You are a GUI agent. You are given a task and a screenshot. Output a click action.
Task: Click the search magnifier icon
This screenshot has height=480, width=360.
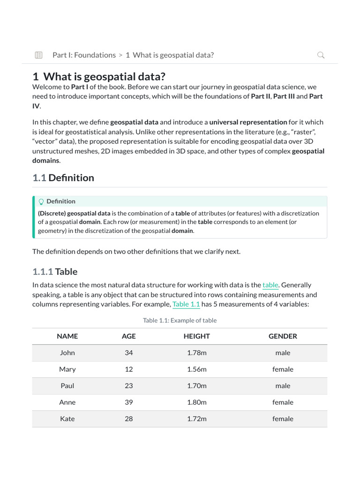[321, 55]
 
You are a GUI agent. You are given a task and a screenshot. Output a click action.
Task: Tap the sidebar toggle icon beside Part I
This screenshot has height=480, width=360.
[39, 55]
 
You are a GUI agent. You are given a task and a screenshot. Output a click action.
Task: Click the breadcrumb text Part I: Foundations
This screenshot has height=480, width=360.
[84, 55]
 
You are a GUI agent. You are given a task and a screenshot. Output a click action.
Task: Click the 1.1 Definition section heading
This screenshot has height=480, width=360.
[63, 178]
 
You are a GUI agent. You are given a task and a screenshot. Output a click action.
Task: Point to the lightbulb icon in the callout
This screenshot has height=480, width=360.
[41, 202]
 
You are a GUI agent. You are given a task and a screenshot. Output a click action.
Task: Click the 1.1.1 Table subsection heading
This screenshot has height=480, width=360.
[55, 271]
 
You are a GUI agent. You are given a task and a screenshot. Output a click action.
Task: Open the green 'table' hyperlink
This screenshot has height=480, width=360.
[270, 285]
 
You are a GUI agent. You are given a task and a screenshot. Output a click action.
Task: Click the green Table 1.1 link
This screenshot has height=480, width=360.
[186, 304]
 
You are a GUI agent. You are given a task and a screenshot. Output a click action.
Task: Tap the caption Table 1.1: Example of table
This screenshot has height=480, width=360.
[180, 321]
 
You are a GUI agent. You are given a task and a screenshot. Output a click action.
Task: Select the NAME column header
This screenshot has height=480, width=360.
[67, 336]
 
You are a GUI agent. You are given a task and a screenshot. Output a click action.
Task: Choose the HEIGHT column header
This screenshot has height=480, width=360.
[197, 336]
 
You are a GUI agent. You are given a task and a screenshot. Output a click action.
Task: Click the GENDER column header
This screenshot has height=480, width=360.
[283, 336]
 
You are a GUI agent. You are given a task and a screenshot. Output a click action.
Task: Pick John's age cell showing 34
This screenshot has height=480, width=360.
[129, 353]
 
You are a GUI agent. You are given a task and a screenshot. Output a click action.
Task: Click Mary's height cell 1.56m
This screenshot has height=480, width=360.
[197, 369]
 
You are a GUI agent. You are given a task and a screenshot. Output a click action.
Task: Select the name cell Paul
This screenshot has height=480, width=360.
[67, 386]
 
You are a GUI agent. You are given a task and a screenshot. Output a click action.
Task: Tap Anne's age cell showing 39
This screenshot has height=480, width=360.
[129, 402]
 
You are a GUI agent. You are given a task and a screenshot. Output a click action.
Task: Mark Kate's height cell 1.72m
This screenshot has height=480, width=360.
[197, 419]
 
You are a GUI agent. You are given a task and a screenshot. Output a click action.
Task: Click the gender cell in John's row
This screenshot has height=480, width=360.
[283, 353]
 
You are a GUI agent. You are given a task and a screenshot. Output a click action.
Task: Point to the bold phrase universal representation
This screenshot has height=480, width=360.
[248, 122]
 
